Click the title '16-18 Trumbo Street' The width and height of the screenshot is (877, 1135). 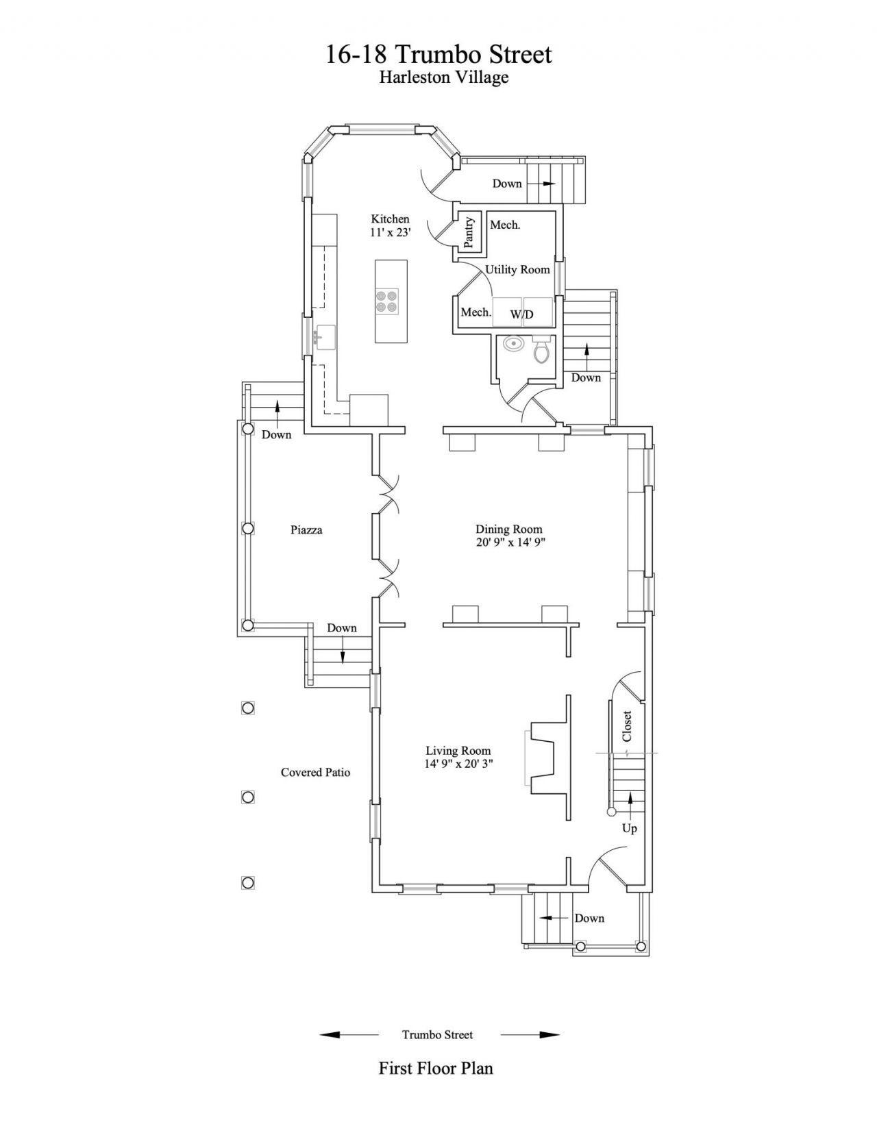coord(438,54)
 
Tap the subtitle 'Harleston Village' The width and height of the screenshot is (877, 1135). coord(444,77)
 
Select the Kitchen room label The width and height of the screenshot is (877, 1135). coord(390,219)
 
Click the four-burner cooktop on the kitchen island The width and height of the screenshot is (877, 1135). coord(387,301)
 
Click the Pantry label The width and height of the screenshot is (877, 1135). coord(469,232)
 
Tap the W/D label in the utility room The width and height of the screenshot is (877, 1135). coord(521,314)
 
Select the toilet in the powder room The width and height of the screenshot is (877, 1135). coord(541,349)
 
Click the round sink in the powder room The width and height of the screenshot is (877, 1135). coord(511,344)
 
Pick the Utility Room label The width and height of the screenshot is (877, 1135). coord(517,270)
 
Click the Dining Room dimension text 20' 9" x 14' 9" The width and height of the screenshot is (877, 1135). coord(510,542)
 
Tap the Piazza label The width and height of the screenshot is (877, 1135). coord(306,529)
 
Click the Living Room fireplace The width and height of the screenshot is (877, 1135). coord(547,758)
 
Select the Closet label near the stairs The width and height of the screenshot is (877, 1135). coord(627,726)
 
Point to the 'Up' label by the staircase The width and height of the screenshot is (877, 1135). coord(630,828)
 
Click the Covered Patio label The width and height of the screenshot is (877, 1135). coord(315,772)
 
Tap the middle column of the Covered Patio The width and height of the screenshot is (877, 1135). coord(248,797)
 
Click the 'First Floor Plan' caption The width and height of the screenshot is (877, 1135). coord(436,1068)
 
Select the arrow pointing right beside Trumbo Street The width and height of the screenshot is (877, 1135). coord(530,1034)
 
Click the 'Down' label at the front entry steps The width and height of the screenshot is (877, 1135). coord(589,918)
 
